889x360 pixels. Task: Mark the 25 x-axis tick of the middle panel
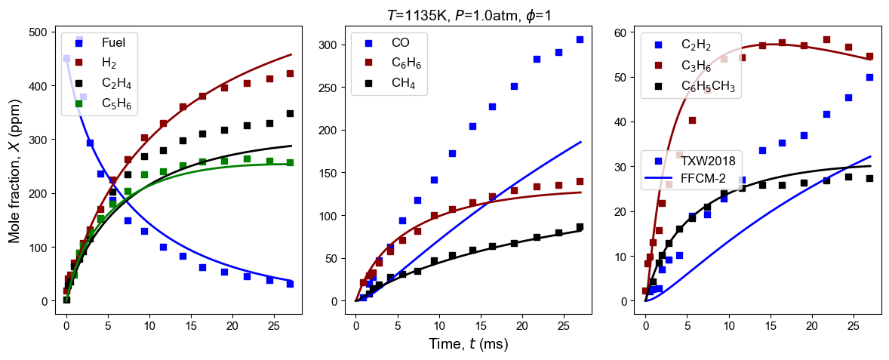pyautogui.click(x=561, y=326)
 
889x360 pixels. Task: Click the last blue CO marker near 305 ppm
pyautogui.click(x=580, y=39)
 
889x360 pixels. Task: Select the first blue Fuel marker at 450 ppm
pyautogui.click(x=66, y=58)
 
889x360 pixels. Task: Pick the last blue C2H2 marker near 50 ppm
pyautogui.click(x=869, y=77)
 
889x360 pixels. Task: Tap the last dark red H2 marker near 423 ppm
pyautogui.click(x=290, y=73)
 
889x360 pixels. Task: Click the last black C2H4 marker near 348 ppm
pyautogui.click(x=290, y=113)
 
